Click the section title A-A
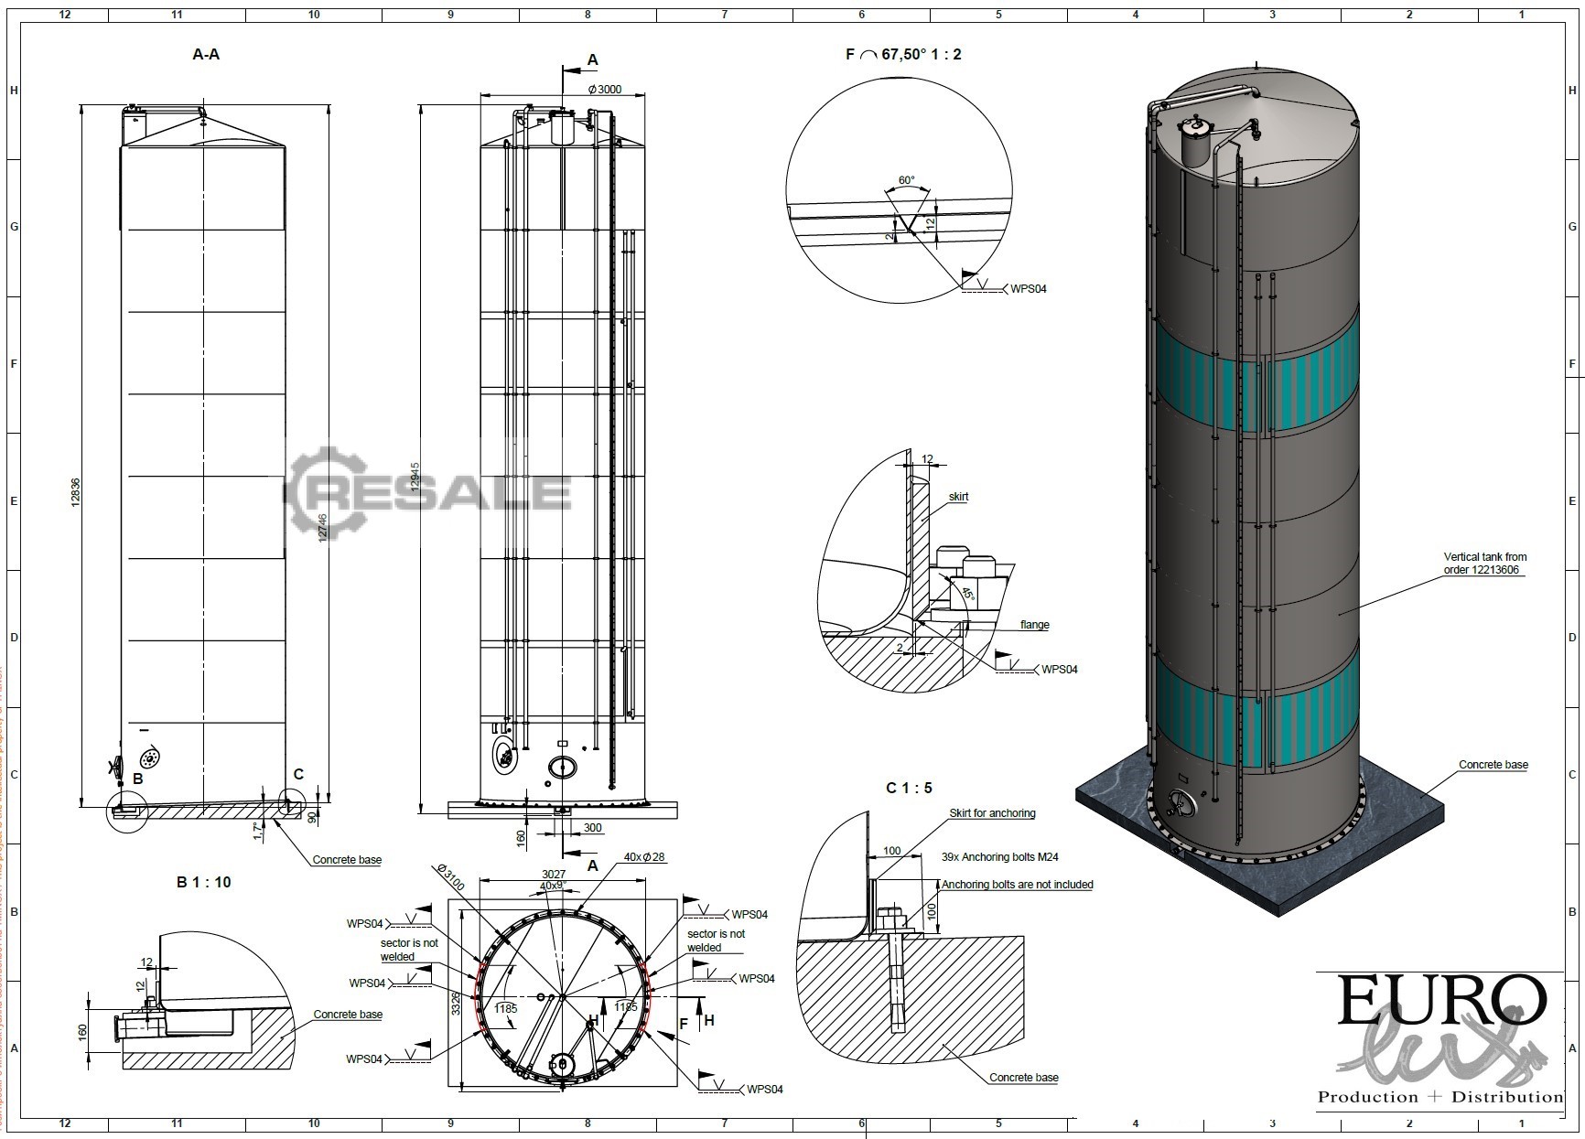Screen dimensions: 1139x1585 coord(206,55)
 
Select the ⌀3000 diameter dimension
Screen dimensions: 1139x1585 coord(605,89)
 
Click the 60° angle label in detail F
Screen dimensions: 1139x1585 coord(906,180)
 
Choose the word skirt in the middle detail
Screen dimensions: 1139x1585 coord(958,497)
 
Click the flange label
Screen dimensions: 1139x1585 coord(1034,625)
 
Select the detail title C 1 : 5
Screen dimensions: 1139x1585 coord(909,788)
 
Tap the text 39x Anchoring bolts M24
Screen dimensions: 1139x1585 coord(999,857)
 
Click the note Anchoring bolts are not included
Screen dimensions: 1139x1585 coord(1017,885)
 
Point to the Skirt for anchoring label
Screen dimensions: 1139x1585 coord(992,813)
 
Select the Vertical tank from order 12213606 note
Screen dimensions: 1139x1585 coord(1484,563)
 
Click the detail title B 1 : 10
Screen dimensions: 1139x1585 coord(203,882)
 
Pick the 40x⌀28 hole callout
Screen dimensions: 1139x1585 coord(644,857)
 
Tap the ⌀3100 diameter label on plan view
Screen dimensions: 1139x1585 coord(450,876)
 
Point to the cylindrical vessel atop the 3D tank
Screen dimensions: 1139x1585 coord(1196,142)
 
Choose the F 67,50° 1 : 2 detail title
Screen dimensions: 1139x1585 coord(903,55)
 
